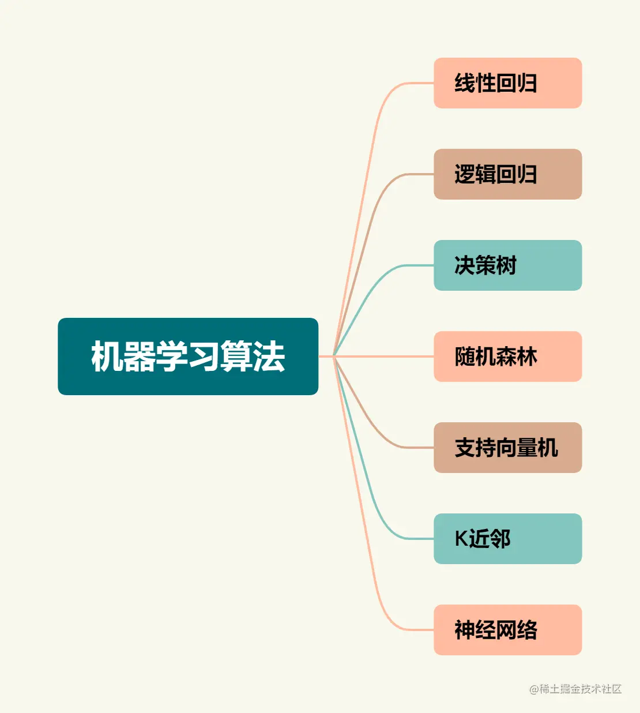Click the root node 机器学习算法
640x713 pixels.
click(x=188, y=356)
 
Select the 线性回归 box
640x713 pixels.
click(x=507, y=83)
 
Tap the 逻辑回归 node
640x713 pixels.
click(x=507, y=174)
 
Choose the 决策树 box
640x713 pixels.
click(x=507, y=265)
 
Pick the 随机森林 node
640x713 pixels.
click(x=507, y=356)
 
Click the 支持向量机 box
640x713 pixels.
click(x=507, y=448)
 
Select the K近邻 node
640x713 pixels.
click(x=507, y=539)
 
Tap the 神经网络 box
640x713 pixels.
click(x=507, y=630)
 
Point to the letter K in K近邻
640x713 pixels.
click(x=461, y=539)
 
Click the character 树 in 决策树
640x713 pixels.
click(x=506, y=265)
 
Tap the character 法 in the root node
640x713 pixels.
click(x=269, y=356)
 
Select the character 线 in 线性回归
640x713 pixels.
click(x=465, y=83)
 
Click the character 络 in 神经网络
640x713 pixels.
click(x=527, y=630)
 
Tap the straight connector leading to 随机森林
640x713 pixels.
click(x=386, y=356)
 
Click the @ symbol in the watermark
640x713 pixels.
click(x=534, y=689)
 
